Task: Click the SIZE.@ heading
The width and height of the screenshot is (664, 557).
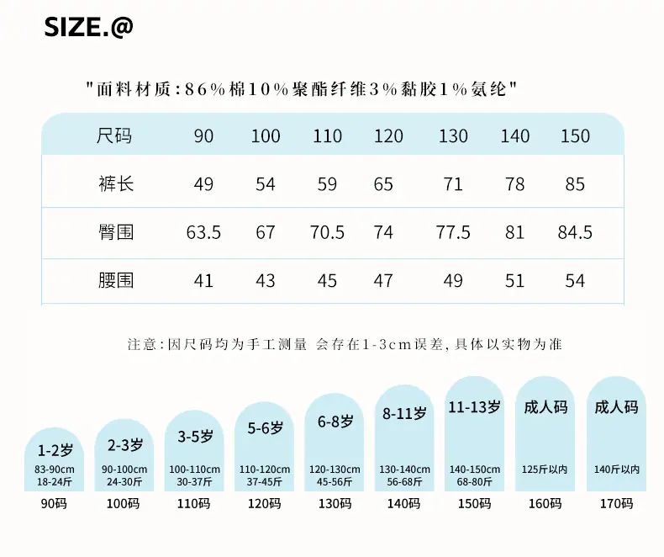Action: coord(88,27)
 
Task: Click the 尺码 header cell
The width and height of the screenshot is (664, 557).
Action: coord(114,136)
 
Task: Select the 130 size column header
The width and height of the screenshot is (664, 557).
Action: coord(453,136)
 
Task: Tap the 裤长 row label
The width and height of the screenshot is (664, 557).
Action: coord(116,184)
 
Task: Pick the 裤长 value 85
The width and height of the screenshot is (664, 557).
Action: coord(575,184)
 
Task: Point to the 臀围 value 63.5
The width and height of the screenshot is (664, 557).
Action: coord(203,232)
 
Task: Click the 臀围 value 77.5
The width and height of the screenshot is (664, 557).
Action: coord(453,232)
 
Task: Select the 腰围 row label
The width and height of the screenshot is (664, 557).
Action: coord(116,281)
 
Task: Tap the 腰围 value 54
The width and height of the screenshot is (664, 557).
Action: coord(575,281)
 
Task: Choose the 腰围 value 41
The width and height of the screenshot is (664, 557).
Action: coord(203,281)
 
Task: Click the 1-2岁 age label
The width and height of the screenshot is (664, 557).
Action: coord(55,450)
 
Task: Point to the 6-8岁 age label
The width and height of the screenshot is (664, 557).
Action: coord(335,422)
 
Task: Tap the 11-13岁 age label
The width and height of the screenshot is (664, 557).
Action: coord(475,407)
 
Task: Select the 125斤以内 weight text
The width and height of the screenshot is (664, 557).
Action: coord(545,469)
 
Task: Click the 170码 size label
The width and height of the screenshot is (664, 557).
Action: coord(617,504)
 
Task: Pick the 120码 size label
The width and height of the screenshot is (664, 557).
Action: coord(264,504)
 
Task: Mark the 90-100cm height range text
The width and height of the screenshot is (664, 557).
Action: coord(124,469)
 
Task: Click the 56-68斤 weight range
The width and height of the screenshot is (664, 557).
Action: coord(404,482)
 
